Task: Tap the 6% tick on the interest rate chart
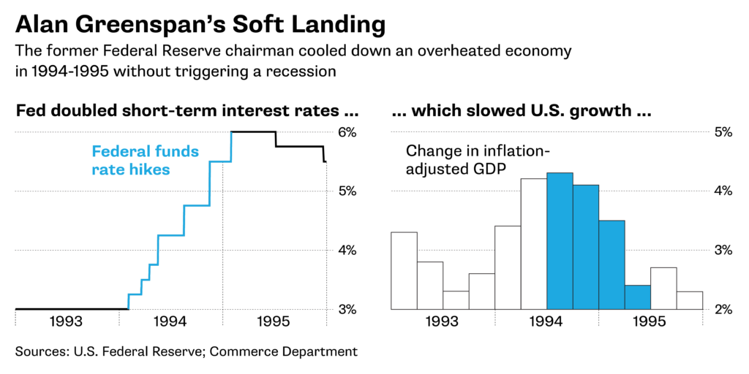(x=347, y=132)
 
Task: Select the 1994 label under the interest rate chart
(x=170, y=321)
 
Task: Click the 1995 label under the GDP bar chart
(x=650, y=321)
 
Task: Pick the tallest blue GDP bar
(x=560, y=241)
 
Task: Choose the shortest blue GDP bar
(x=637, y=297)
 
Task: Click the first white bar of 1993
(x=404, y=270)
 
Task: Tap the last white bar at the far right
(x=689, y=300)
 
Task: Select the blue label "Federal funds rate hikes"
(x=145, y=160)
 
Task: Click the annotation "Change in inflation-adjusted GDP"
(x=477, y=160)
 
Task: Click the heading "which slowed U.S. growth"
(x=521, y=112)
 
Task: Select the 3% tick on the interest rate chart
(x=347, y=309)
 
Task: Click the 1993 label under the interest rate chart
(x=67, y=321)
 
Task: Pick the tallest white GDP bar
(x=533, y=244)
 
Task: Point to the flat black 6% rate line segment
(x=253, y=132)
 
